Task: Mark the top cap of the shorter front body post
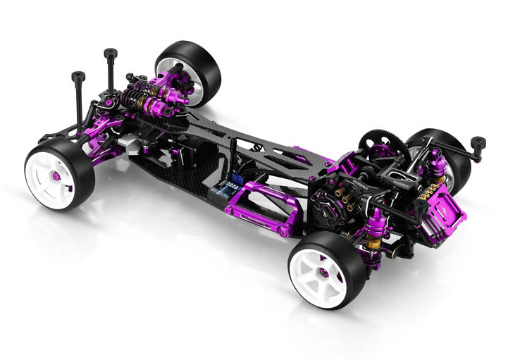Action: pyautogui.click(x=78, y=75)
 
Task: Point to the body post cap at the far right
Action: pyautogui.click(x=478, y=143)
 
